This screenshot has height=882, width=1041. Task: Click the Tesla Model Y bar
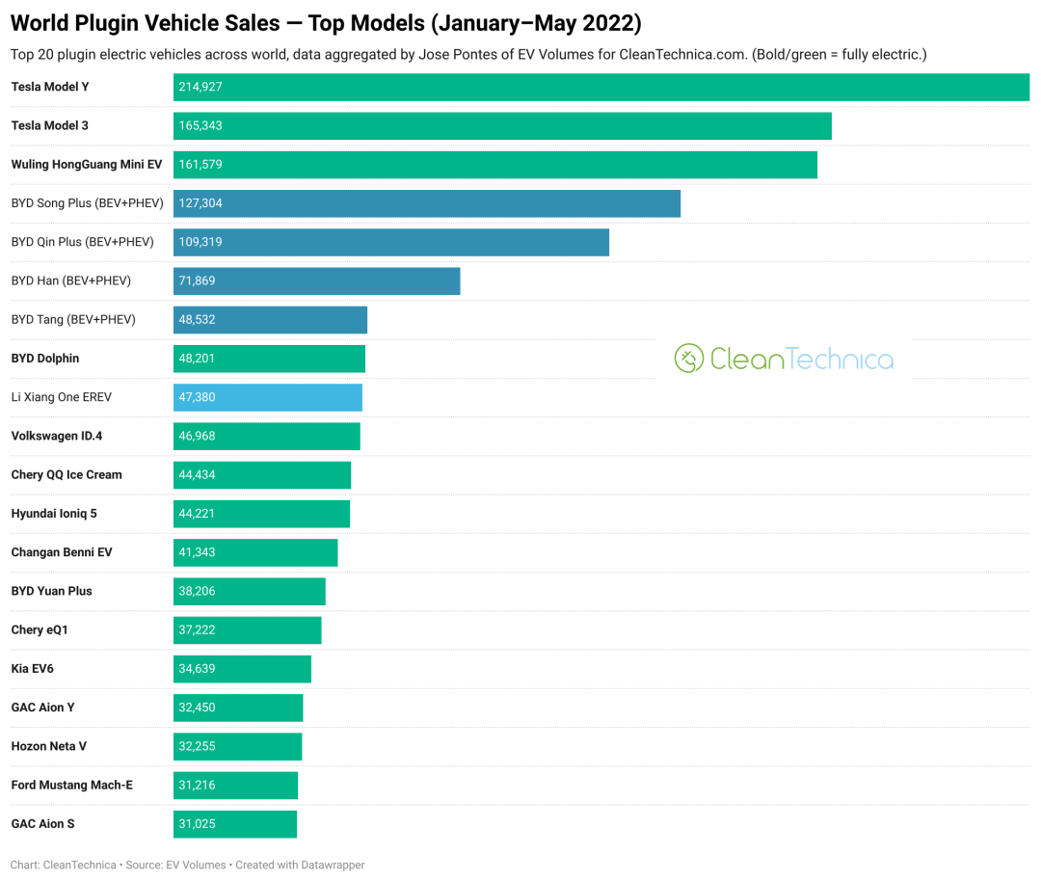pos(601,87)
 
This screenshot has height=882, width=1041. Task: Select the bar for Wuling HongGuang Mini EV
pos(495,165)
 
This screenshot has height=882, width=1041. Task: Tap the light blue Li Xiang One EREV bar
pos(268,397)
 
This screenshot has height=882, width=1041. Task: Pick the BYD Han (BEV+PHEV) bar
pos(317,281)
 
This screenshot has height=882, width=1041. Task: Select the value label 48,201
pos(198,359)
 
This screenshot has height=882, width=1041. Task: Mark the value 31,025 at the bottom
pos(198,824)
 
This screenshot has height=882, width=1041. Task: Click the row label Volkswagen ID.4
pos(57,436)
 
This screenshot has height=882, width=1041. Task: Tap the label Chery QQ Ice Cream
pos(67,474)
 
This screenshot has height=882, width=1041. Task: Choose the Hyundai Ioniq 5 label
pos(54,514)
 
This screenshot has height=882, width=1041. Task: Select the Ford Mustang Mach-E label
pos(72,785)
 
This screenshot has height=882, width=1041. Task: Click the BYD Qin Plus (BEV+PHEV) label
pos(82,242)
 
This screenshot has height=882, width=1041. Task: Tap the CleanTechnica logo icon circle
pos(688,359)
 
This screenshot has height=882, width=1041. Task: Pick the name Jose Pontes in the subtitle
pos(453,55)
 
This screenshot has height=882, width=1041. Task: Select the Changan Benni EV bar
pos(255,552)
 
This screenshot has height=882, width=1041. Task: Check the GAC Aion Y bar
pos(238,708)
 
